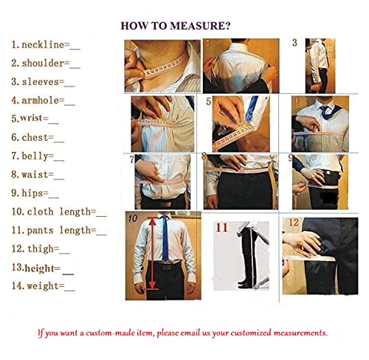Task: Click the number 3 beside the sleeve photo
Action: tap(294, 43)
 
